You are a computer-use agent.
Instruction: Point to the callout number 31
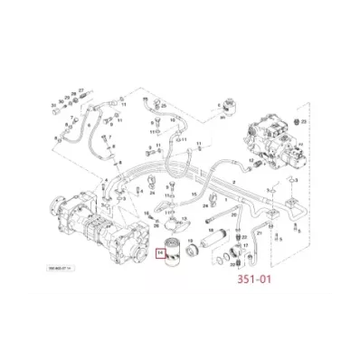(x=53, y=107)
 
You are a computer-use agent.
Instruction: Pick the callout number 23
(x=303, y=120)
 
